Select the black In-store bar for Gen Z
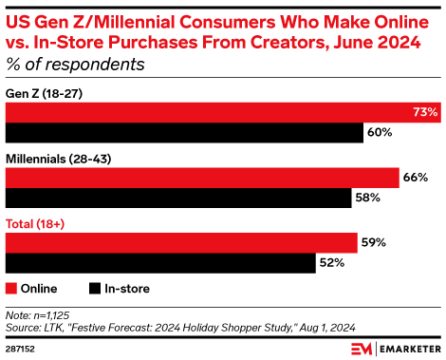tap(185, 132)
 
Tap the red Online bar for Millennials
tap(202, 178)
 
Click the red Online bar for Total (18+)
tap(181, 242)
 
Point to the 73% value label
tap(425, 112)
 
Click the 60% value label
tap(380, 132)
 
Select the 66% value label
tap(416, 178)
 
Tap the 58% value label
tap(367, 198)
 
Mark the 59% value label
tap(373, 242)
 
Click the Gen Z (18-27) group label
tap(44, 93)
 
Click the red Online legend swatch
tap(12, 288)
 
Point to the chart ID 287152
tap(23, 350)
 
